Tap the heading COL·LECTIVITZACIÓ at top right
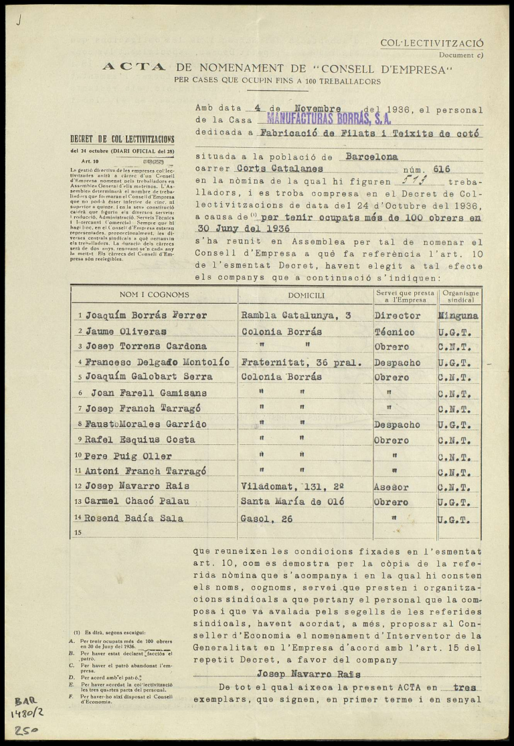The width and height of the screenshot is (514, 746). (x=432, y=43)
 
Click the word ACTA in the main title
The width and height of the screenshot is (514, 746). (x=134, y=67)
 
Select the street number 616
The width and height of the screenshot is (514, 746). (x=442, y=169)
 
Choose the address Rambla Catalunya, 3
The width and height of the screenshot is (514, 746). (x=296, y=315)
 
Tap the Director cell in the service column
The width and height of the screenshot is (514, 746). (x=398, y=315)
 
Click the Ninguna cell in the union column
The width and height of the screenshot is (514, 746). (x=458, y=315)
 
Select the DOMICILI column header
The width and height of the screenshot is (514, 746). (x=306, y=295)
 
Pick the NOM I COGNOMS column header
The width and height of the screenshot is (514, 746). (x=154, y=295)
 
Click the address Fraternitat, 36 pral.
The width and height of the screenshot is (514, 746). (x=301, y=363)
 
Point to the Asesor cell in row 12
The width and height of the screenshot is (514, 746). (x=392, y=486)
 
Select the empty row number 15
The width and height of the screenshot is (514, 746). (x=78, y=533)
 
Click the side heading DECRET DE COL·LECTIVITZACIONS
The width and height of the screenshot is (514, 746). (x=122, y=140)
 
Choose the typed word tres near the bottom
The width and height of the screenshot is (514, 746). (x=465, y=687)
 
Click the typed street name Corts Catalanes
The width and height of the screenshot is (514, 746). (x=280, y=169)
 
